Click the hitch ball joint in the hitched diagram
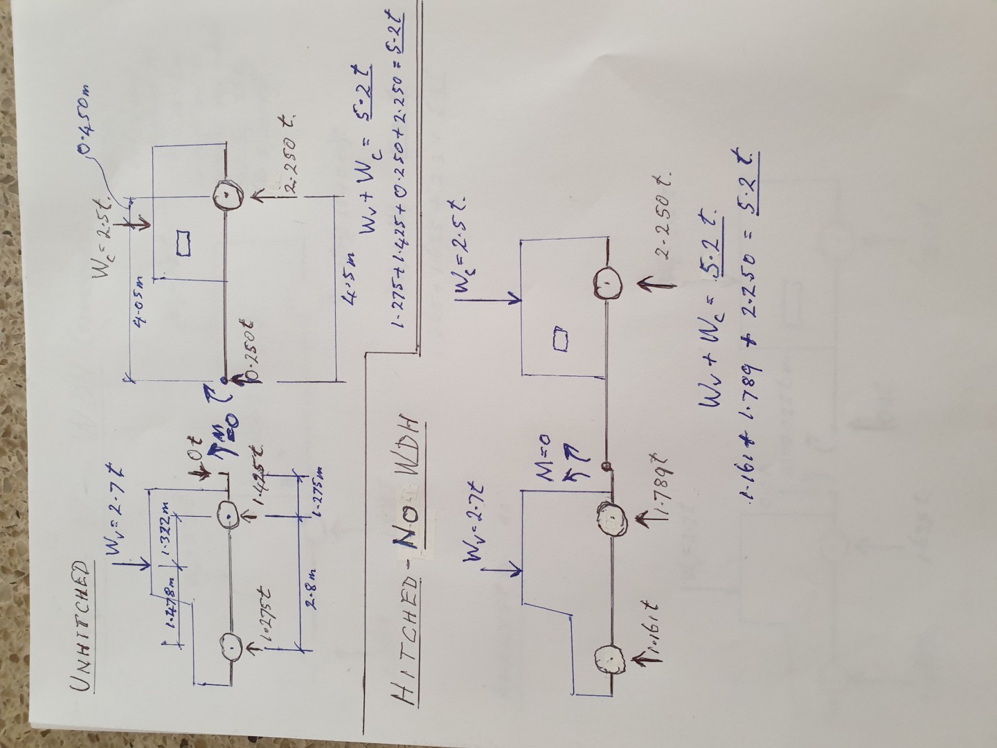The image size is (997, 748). (x=607, y=465)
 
